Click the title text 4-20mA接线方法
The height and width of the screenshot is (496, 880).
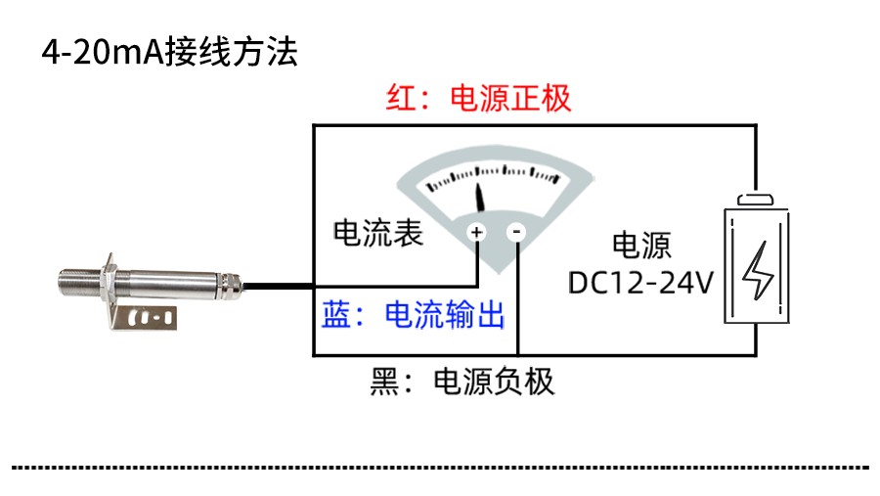[168, 51]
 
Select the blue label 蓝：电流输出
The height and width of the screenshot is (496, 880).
[414, 315]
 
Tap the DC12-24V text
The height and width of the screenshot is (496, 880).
[640, 283]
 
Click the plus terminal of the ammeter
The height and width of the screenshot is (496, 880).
[476, 232]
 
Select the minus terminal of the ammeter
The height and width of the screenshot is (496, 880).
[517, 232]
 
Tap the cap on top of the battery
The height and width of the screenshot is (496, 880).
[756, 200]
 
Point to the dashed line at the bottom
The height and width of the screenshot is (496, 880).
[440, 467]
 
